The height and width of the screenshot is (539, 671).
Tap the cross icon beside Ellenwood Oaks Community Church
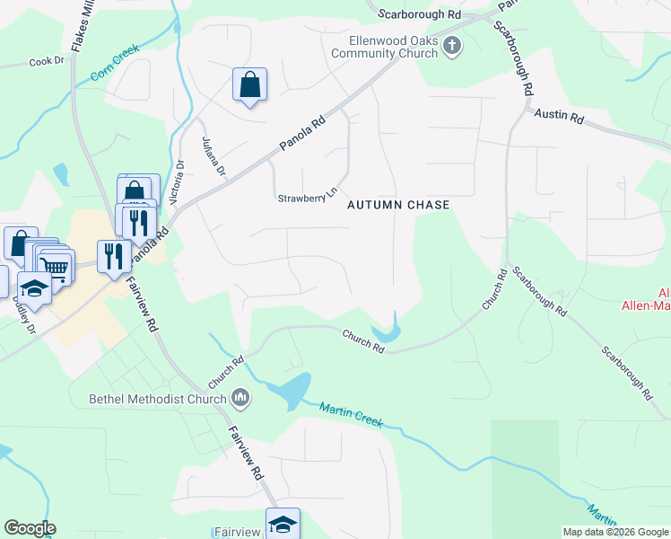(452, 44)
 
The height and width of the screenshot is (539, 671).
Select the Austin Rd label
(559, 116)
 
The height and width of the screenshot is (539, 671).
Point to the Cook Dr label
(48, 62)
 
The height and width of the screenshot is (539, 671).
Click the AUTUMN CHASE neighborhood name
(398, 206)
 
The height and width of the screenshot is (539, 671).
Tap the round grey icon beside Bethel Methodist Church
(240, 396)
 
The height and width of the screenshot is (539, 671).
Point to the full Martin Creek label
(352, 415)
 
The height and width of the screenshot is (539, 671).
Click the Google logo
(30, 528)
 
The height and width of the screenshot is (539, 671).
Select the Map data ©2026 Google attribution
(615, 532)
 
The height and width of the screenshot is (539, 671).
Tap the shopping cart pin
(56, 267)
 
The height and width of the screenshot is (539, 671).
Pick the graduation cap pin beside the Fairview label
(283, 524)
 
